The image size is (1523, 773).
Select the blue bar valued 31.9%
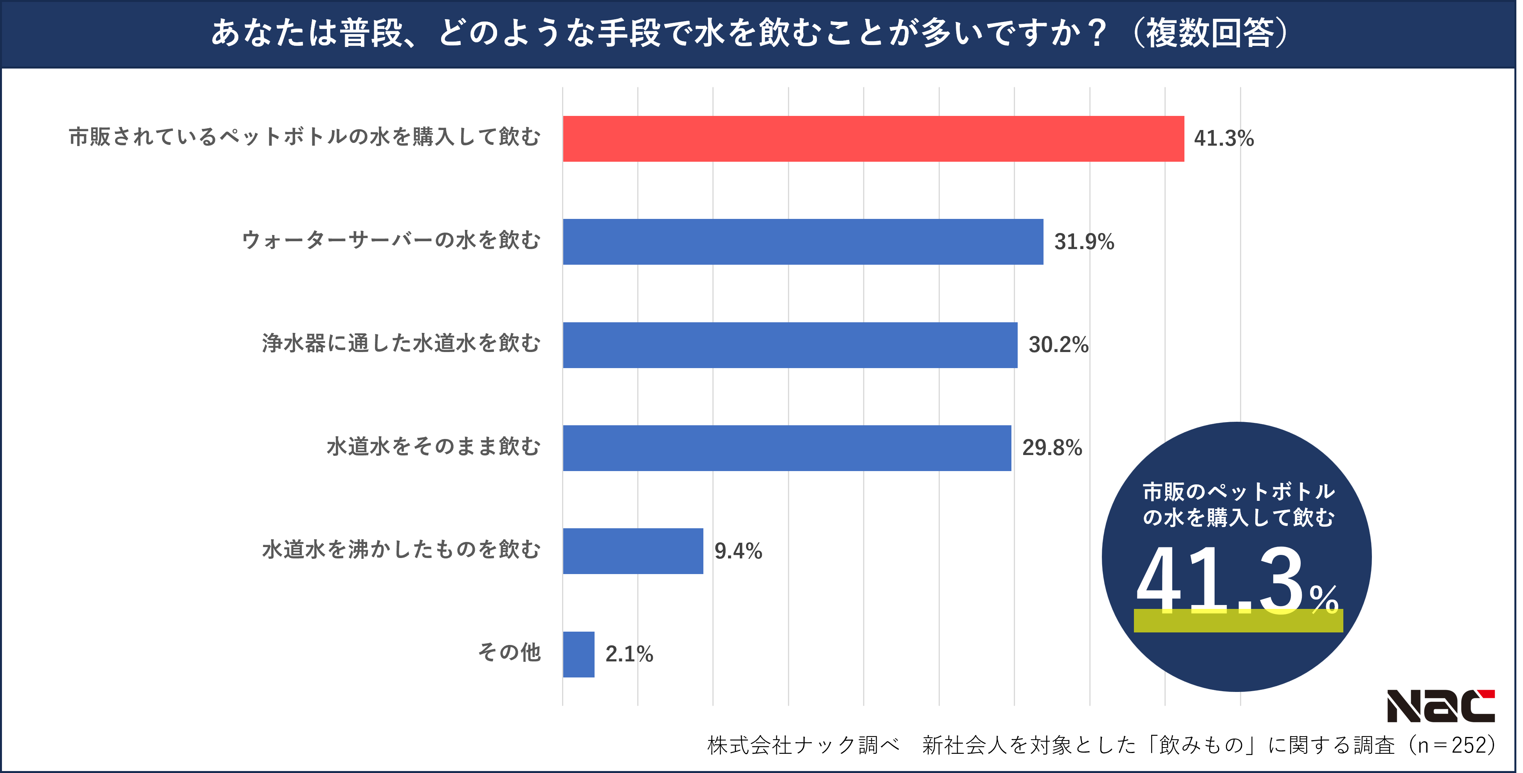click(x=803, y=242)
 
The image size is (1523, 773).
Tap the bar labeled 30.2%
click(x=790, y=345)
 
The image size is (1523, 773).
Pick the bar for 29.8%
click(x=787, y=448)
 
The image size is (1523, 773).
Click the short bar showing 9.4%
click(x=633, y=551)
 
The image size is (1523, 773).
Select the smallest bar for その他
click(x=578, y=654)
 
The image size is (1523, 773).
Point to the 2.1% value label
click(x=629, y=654)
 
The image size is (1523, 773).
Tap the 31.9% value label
click(x=1084, y=242)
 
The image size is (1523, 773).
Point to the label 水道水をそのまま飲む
click(x=433, y=446)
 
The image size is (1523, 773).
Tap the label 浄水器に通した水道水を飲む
click(x=401, y=343)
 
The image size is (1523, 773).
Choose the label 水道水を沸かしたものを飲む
click(x=401, y=549)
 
